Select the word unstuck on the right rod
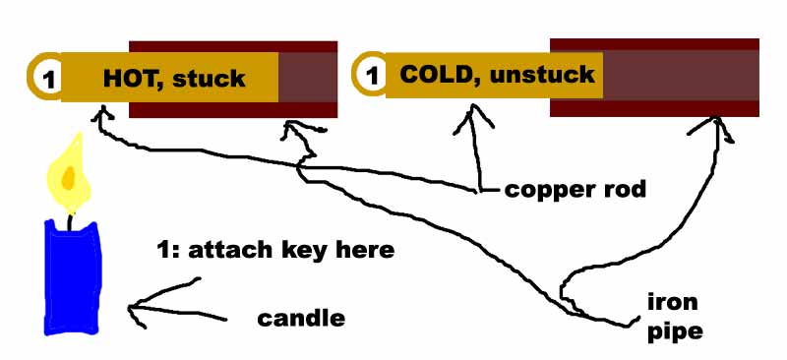[x=542, y=75]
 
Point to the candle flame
[x=69, y=172]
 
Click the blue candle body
[x=73, y=277]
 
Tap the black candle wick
[x=72, y=222]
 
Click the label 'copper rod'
[x=575, y=190]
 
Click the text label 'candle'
[x=301, y=319]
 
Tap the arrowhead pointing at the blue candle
[x=135, y=309]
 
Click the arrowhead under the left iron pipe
[x=297, y=130]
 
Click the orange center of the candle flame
[x=68, y=176]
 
